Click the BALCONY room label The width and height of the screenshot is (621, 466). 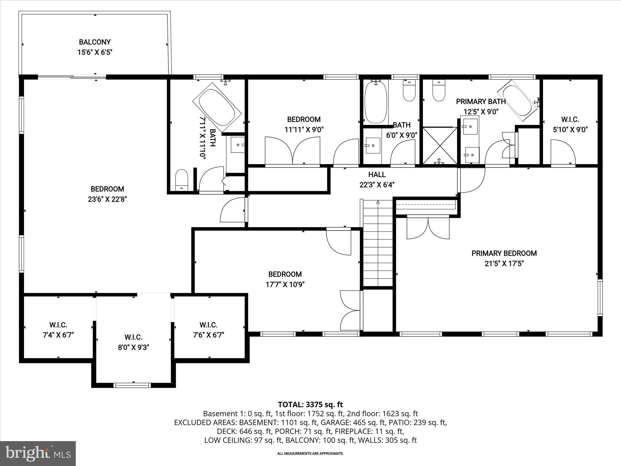(95, 42)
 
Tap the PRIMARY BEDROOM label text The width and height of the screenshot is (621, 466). (504, 253)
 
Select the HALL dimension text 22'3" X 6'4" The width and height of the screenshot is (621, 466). (377, 185)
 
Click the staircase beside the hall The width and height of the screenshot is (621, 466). (378, 243)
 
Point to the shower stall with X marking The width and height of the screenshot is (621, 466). (440, 146)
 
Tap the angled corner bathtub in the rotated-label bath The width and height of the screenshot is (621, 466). (217, 108)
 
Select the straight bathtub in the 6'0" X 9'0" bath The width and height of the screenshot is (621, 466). (376, 102)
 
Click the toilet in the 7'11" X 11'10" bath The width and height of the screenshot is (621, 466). (182, 180)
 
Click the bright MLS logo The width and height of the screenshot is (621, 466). (38, 453)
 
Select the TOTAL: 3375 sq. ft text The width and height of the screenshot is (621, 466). (310, 404)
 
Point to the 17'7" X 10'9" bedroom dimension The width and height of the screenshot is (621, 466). (285, 285)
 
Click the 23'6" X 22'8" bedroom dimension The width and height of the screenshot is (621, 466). (107, 199)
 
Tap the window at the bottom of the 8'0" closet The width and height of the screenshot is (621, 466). (132, 385)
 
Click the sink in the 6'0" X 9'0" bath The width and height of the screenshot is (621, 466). (372, 146)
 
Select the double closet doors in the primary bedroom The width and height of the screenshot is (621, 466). (428, 228)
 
